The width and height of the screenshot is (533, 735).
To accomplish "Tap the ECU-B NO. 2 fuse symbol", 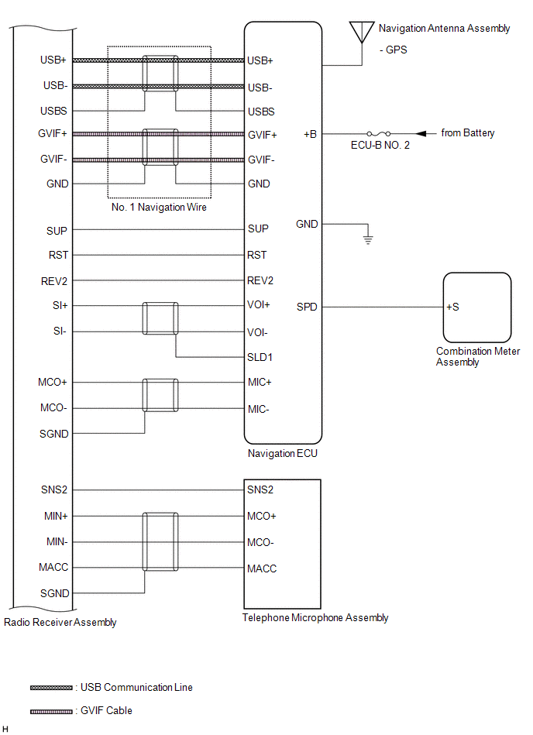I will tap(377, 133).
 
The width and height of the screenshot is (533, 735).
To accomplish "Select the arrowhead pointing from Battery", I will tap(423, 133).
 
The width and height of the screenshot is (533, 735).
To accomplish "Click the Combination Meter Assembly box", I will tap(476, 307).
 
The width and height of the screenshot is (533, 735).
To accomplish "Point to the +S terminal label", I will tap(452, 307).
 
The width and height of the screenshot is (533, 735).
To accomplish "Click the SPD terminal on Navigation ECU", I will tap(307, 307).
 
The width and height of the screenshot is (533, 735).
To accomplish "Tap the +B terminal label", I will tap(310, 134).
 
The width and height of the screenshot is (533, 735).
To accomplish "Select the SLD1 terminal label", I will tap(260, 358).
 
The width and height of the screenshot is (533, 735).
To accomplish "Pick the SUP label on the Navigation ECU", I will tap(258, 229).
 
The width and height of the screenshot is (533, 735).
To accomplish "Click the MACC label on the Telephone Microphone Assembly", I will tap(262, 568).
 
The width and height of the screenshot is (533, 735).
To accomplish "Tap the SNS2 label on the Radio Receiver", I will tap(54, 489).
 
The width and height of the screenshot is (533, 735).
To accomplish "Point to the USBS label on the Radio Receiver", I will tap(54, 112).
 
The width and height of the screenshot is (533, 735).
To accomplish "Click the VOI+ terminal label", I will tap(260, 305).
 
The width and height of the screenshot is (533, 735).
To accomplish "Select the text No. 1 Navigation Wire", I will tap(159, 207).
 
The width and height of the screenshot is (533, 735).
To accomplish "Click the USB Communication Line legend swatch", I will tap(51, 688).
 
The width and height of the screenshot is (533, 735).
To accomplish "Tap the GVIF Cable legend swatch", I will tap(51, 710).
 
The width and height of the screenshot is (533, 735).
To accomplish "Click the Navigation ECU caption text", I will tap(282, 454).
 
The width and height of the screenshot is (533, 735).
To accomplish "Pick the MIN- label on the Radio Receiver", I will tap(56, 542).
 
